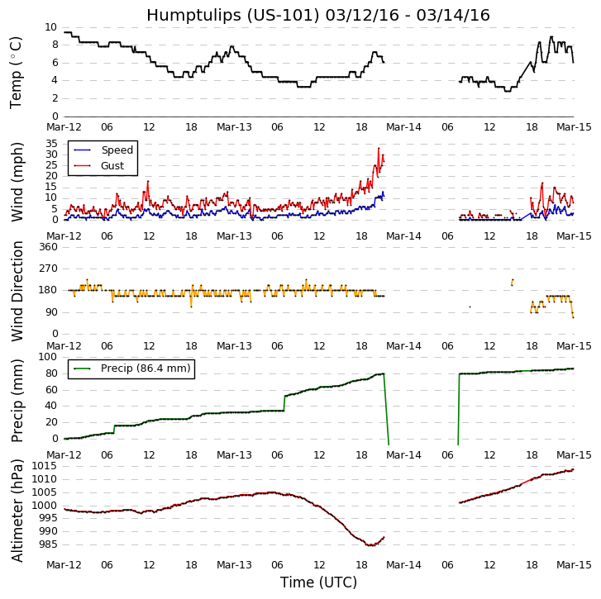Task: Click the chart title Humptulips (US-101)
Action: (x=318, y=15)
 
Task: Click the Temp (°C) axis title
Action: (x=17, y=72)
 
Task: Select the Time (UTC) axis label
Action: (x=318, y=582)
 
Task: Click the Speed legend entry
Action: (x=117, y=150)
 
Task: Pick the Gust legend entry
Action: (x=112, y=166)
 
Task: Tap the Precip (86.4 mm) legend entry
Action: (x=145, y=368)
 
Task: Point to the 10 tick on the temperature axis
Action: (x=51, y=27)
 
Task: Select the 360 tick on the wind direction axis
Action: (x=47, y=247)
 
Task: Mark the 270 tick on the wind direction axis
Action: (x=47, y=269)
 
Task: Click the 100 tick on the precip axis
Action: (x=47, y=357)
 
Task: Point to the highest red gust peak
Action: (x=379, y=149)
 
